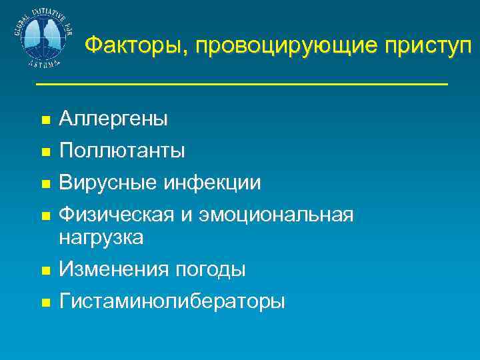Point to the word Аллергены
click(x=113, y=119)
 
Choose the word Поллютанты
click(x=122, y=151)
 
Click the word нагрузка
click(x=101, y=237)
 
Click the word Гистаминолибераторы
click(x=172, y=301)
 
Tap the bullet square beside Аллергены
click(x=45, y=121)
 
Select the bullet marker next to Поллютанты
click(x=45, y=153)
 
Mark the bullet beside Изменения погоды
click(x=45, y=271)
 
